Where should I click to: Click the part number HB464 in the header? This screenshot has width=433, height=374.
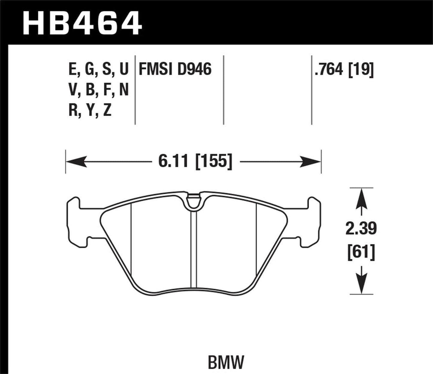(x=82, y=22)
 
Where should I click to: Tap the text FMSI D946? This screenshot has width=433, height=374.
(x=175, y=70)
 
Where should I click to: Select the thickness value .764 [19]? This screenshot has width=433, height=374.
(x=344, y=70)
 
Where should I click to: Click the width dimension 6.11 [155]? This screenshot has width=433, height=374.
(x=195, y=162)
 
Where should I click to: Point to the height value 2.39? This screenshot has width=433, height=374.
(x=361, y=229)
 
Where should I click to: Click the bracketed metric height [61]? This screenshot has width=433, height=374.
(x=361, y=253)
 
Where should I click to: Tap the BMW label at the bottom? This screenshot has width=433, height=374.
(x=226, y=362)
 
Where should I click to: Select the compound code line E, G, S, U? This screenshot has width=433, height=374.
(x=99, y=70)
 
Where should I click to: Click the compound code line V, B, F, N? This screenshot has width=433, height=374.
(x=99, y=90)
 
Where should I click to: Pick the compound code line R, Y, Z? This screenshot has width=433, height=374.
(x=90, y=110)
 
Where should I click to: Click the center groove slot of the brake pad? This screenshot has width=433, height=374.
(x=193, y=249)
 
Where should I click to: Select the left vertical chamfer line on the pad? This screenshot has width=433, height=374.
(x=131, y=240)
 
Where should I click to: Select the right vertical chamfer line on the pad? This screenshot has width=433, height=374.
(x=257, y=240)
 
